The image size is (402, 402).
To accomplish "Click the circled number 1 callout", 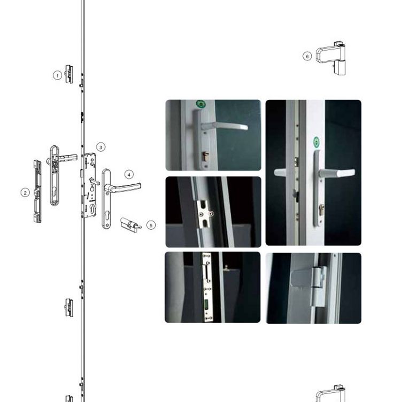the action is coord(57,75).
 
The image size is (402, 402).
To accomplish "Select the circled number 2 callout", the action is coord(25,192).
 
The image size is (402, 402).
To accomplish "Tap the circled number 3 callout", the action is coord(100,147).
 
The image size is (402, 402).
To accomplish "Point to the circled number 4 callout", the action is coord(129,175).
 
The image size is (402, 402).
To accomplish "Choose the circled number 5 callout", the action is coord(151,225).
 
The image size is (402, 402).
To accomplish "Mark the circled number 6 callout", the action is coord(307,56).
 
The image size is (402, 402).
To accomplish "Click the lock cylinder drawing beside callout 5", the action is coord(130,225).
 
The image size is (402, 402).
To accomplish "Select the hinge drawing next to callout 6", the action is coord(331,58).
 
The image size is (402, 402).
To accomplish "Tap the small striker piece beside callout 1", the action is coord(68,74).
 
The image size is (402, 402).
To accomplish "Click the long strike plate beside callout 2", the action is coord(37,191).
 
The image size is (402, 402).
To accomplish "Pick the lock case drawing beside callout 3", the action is coord(89,185).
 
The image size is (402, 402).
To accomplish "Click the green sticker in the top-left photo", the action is coord(201,104).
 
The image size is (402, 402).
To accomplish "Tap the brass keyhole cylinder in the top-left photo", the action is coord(206,157).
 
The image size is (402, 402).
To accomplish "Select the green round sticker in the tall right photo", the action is coord(316,142).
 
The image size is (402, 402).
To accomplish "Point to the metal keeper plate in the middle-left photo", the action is coord(204,214).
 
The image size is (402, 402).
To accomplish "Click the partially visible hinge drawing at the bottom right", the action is coord(331,393).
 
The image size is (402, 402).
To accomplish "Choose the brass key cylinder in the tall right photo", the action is coord(321,209).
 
